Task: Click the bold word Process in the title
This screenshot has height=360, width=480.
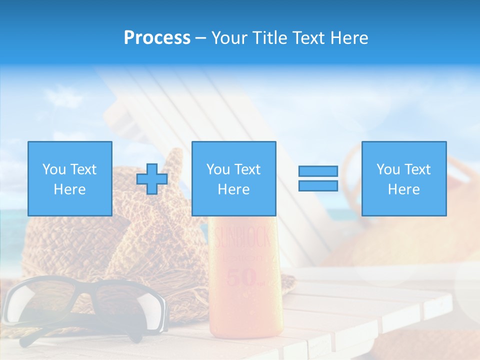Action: pyautogui.click(x=157, y=38)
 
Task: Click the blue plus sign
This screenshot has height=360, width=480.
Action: pyautogui.click(x=152, y=179)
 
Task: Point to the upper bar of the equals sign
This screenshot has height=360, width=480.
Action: pyautogui.click(x=318, y=171)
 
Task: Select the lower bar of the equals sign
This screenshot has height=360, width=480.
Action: pyautogui.click(x=318, y=186)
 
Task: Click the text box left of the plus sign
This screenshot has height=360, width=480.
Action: pyautogui.click(x=69, y=178)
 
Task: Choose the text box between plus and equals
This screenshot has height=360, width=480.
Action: pyautogui.click(x=233, y=178)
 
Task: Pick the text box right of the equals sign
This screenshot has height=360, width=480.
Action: pyautogui.click(x=403, y=178)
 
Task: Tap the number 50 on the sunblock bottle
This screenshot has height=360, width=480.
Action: pyautogui.click(x=242, y=278)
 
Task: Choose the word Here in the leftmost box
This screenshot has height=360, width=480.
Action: pyautogui.click(x=69, y=189)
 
